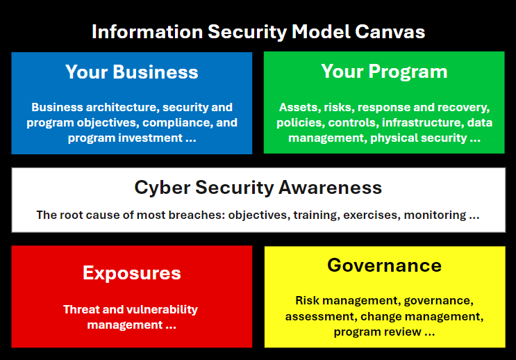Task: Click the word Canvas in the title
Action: tap(390, 32)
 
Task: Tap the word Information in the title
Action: tap(147, 32)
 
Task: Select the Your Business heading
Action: tap(132, 72)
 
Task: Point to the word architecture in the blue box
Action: tap(122, 107)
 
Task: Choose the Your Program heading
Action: tap(384, 72)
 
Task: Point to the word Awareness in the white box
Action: tap(330, 188)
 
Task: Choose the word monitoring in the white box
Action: tap(435, 215)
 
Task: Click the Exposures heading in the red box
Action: tap(132, 273)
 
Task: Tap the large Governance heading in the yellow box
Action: tap(384, 265)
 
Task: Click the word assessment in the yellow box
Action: tap(321, 316)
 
